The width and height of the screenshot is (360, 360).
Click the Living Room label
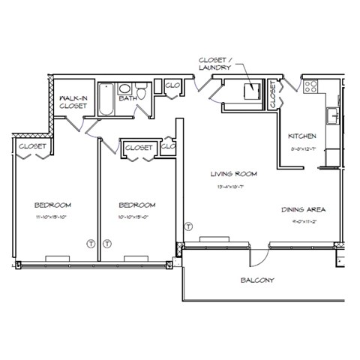[233, 173]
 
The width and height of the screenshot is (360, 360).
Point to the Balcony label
[257, 280]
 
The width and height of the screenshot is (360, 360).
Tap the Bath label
[127, 97]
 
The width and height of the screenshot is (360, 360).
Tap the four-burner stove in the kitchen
[310, 85]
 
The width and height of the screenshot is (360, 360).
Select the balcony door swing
[258, 256]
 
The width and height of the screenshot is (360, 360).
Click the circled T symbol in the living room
[188, 226]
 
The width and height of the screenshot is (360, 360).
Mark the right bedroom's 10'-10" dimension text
[136, 217]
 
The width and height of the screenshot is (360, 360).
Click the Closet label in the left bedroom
[32, 146]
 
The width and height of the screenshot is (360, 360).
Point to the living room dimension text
[233, 185]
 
